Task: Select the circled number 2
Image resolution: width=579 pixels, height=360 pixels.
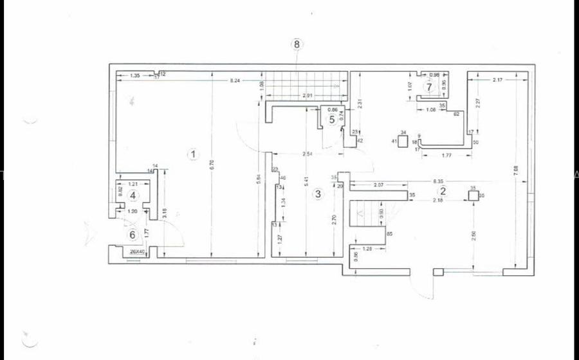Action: (x=443, y=191)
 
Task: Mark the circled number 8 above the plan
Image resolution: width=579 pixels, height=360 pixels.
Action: (x=297, y=44)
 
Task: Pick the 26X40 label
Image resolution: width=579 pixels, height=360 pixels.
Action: (x=137, y=251)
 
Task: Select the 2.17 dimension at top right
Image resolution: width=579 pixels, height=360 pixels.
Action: (x=497, y=80)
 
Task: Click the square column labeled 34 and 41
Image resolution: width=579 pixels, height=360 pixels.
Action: (x=403, y=141)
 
